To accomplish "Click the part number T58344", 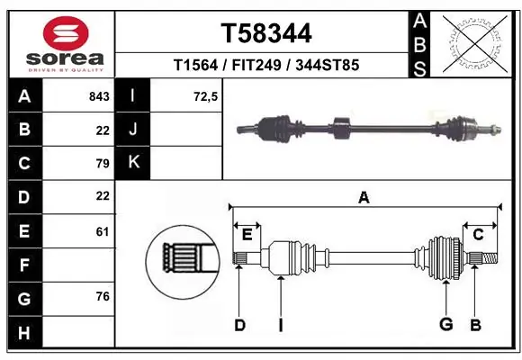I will click(266, 34).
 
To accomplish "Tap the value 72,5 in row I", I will click(205, 96).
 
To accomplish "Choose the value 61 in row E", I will click(102, 231).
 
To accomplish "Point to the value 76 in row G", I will click(102, 296).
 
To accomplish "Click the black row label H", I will click(24, 333).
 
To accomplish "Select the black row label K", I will click(133, 163).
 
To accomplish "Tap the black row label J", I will click(133, 130).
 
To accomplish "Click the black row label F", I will click(24, 265).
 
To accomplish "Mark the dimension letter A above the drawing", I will click(364, 197).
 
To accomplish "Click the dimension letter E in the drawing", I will click(247, 235).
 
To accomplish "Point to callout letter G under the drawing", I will click(445, 325).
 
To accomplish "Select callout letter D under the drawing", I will click(239, 325).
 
